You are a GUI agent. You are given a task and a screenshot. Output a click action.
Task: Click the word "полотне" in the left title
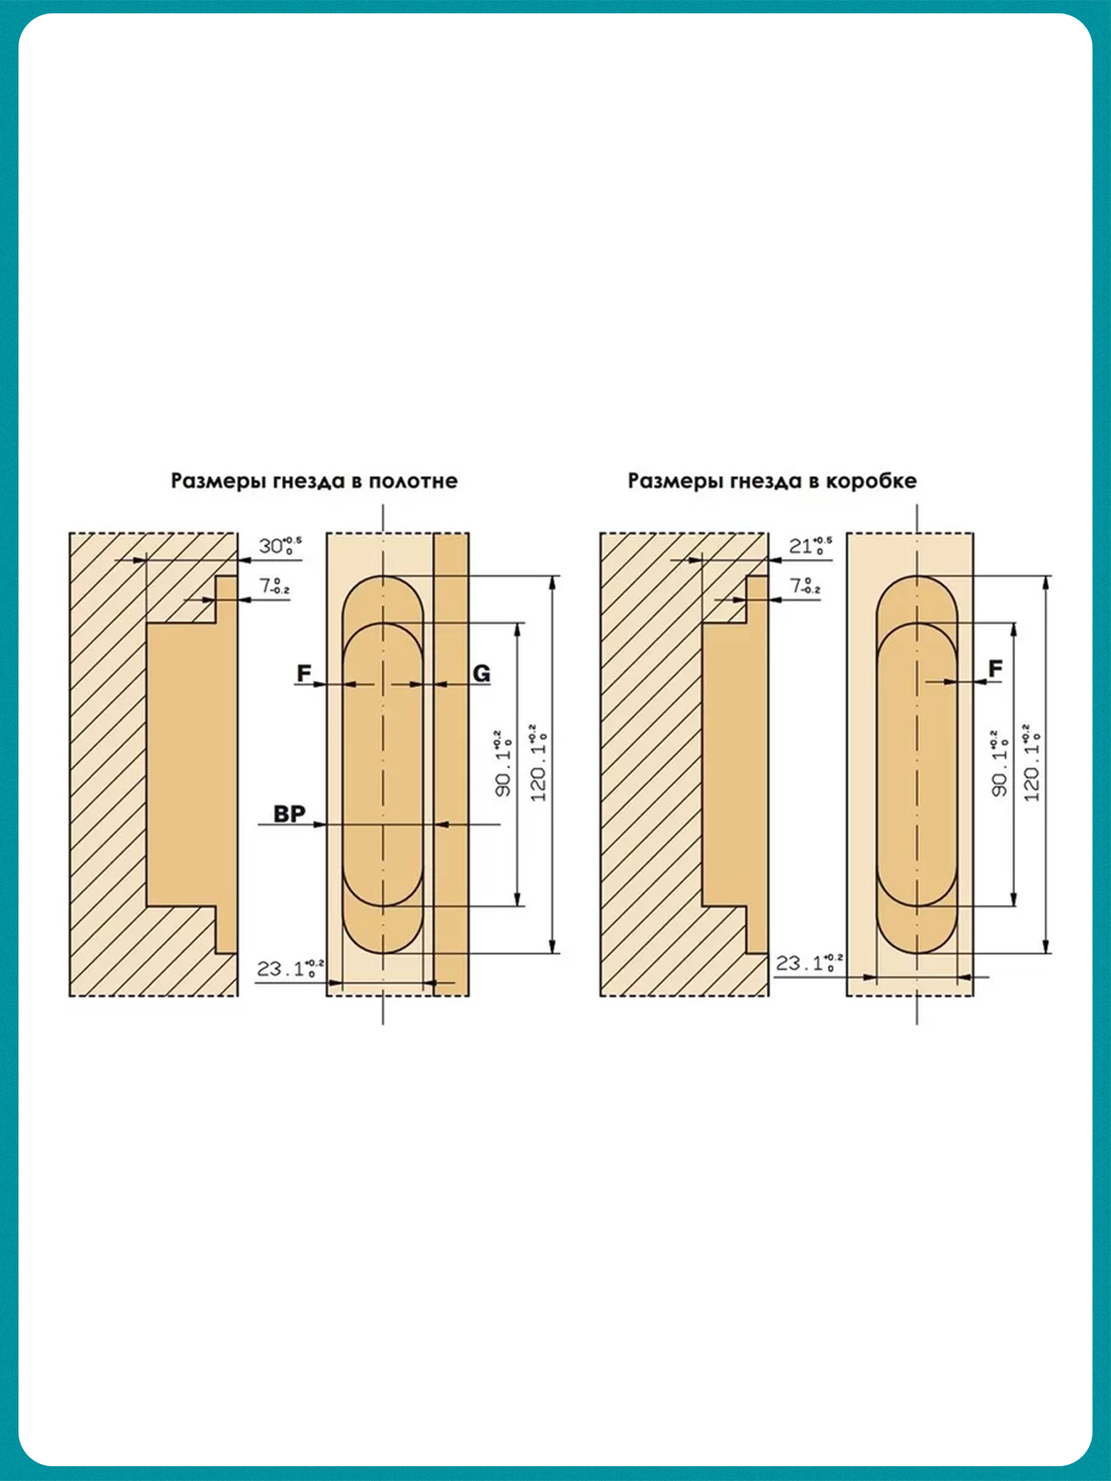point(413,481)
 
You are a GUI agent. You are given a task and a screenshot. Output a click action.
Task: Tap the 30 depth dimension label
point(278,546)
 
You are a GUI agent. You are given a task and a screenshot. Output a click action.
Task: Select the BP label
point(289,814)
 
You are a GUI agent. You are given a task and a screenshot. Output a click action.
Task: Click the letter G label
point(481,674)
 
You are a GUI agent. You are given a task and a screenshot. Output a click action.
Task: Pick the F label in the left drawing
point(304,674)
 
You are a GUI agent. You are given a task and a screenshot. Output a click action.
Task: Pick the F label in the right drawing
point(995,669)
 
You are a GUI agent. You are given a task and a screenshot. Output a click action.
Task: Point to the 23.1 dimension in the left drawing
point(290,968)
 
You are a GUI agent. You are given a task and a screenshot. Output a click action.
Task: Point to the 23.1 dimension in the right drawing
point(808,963)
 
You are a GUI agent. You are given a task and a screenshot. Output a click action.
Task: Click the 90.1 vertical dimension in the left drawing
point(504,763)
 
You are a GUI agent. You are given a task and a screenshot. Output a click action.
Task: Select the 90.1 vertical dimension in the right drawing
point(1000,763)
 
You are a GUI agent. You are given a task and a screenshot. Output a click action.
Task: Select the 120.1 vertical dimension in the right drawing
point(1032,763)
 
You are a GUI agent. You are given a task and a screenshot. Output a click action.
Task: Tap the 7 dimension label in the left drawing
point(273,586)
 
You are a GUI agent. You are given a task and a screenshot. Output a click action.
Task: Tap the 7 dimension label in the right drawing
point(804,586)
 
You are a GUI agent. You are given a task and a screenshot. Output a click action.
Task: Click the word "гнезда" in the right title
point(767,481)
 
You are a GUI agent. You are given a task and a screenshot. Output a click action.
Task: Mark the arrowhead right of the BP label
point(320,824)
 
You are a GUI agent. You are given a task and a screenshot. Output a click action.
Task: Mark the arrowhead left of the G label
point(441,684)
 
